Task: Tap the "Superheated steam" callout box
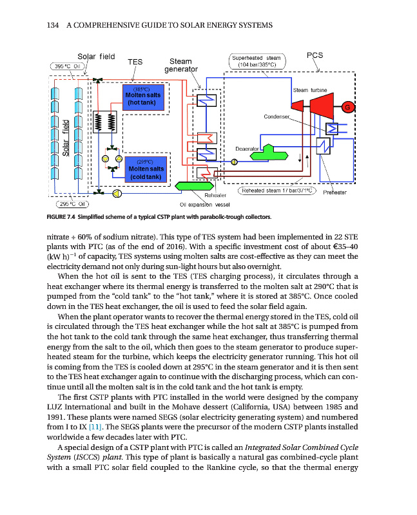pos(257,61)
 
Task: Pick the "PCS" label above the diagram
pos(315,55)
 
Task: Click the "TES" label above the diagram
pos(135,62)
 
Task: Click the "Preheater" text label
pos(335,192)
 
